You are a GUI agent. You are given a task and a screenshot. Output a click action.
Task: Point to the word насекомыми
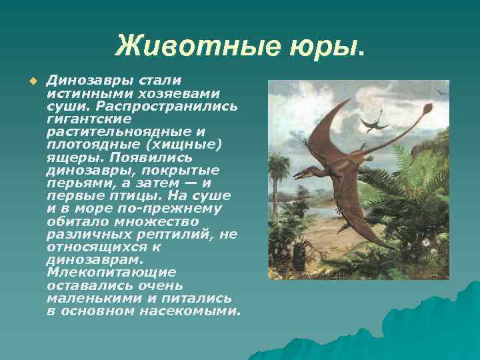click(x=194, y=311)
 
